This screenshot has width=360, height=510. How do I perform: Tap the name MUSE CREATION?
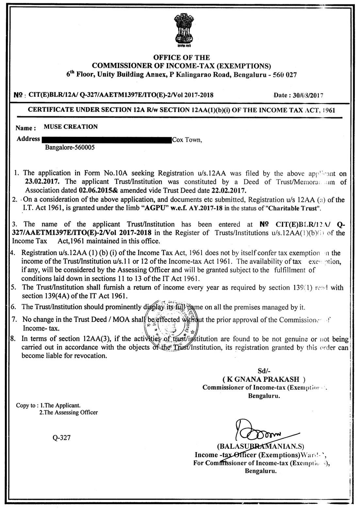click(71, 127)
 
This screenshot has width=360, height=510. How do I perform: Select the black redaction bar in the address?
click(106, 140)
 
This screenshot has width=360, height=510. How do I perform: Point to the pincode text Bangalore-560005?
click(70, 147)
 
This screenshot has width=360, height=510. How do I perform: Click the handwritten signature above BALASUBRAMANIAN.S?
click(258, 433)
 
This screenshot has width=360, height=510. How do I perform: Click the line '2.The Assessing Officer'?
click(68, 412)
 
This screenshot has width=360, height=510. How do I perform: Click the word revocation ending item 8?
click(90, 356)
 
